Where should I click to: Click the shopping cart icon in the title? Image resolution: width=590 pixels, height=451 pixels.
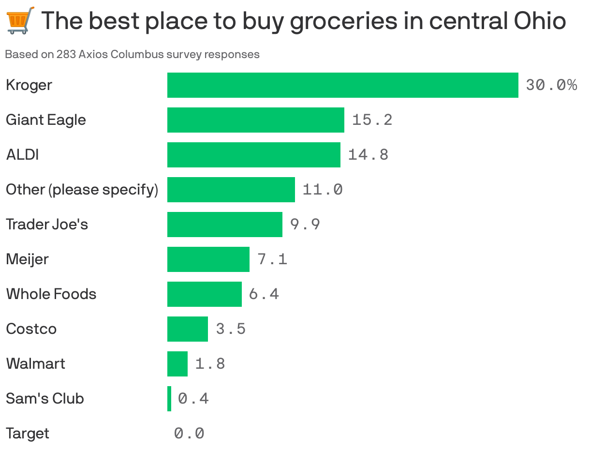[x=21, y=20]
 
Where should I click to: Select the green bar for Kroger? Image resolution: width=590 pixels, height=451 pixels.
[x=342, y=85]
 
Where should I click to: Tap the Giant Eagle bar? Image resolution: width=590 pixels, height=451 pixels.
[x=255, y=120]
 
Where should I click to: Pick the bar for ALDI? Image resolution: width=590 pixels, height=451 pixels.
[x=253, y=155]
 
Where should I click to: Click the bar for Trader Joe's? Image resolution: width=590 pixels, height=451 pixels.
[x=224, y=225]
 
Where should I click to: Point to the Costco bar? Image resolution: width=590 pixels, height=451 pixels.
[x=187, y=329]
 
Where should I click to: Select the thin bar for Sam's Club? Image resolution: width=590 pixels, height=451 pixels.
[x=169, y=399]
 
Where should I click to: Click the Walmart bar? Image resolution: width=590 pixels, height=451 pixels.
[x=177, y=364]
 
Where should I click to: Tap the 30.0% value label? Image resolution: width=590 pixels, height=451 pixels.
[x=551, y=85]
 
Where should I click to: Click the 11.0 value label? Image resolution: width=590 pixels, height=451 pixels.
[x=323, y=189]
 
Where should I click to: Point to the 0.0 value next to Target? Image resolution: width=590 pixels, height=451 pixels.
[x=189, y=434]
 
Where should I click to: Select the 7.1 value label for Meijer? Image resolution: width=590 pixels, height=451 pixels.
[x=272, y=259]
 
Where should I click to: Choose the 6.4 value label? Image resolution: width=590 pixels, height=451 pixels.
[x=264, y=294]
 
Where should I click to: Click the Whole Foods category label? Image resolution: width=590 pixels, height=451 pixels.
[x=51, y=294]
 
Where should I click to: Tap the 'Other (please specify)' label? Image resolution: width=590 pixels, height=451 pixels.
[x=82, y=190]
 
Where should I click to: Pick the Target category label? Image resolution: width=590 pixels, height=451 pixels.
[x=28, y=434]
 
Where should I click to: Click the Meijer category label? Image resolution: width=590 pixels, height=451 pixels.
[x=27, y=259]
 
